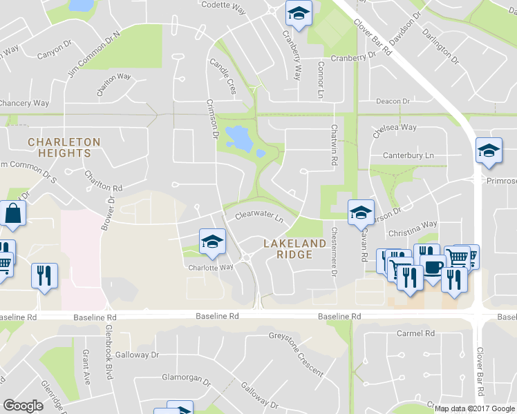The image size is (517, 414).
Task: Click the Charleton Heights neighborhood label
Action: click(64, 148)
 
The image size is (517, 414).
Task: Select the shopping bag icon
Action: click(13, 214)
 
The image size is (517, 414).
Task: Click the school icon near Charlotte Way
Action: click(212, 241)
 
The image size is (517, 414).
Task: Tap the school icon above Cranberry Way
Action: click(299, 14)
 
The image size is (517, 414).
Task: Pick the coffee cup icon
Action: click(433, 267)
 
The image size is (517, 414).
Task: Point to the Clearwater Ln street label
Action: click(260, 217)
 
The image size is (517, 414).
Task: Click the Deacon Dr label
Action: click(393, 101)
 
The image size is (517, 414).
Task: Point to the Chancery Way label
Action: click(24, 103)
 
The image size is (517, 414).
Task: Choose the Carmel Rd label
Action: click(415, 333)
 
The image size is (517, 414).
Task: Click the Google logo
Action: click(23, 406)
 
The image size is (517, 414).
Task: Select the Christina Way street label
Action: click(413, 224)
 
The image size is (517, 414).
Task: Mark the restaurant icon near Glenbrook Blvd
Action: click(45, 275)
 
